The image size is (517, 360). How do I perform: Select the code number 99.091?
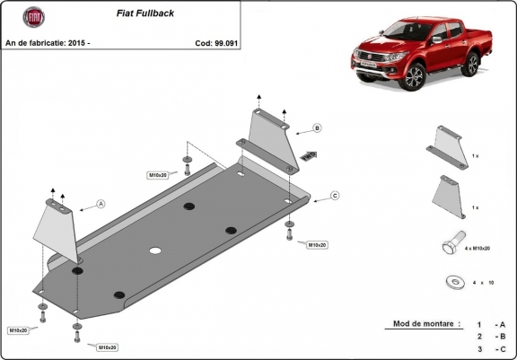pyautogui.click(x=223, y=42)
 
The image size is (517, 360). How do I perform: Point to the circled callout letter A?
pyautogui.click(x=101, y=204)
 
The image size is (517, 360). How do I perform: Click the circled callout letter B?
pyautogui.click(x=317, y=128)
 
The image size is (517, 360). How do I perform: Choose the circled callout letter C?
pyautogui.click(x=334, y=195)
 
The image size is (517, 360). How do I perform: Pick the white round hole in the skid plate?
pyautogui.click(x=154, y=250)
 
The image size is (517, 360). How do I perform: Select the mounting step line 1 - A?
pyautogui.click(x=492, y=324)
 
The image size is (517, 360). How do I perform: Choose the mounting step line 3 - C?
pyautogui.click(x=492, y=348)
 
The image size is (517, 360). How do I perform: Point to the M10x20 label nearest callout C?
pyautogui.click(x=317, y=244)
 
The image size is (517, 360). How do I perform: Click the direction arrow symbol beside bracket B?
pyautogui.click(x=311, y=154)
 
